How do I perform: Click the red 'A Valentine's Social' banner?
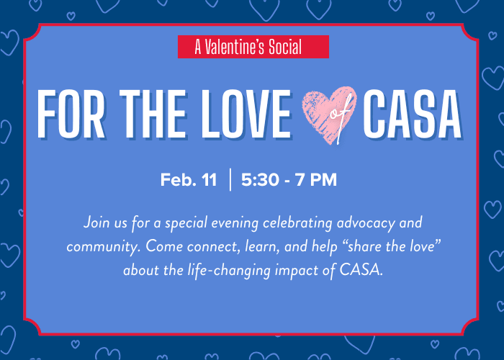253,47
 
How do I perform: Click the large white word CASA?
413,115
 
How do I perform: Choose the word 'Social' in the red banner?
282,47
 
